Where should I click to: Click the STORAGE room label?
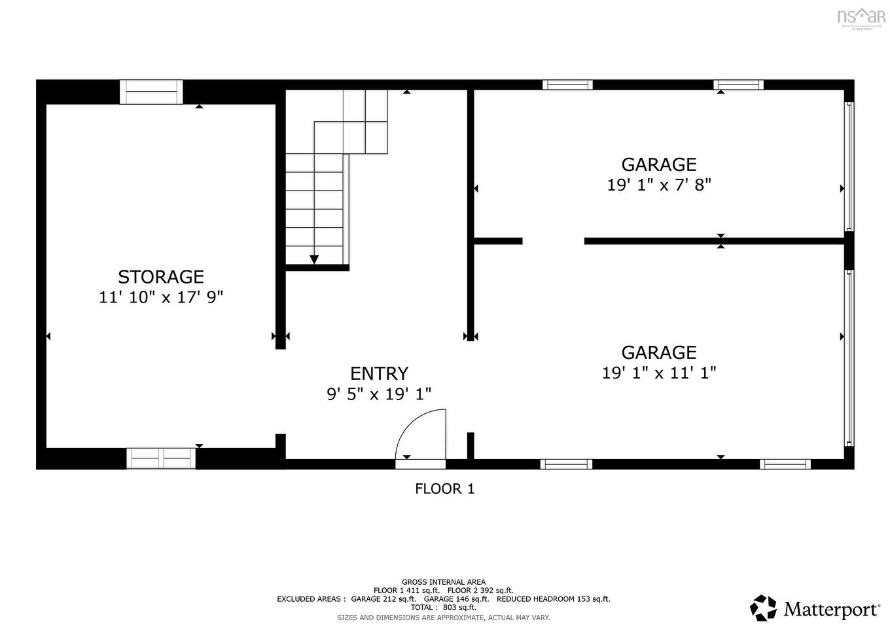(x=161, y=277)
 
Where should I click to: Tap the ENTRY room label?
(x=379, y=373)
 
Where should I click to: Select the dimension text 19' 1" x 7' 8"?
(x=659, y=185)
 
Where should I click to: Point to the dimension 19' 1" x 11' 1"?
(x=659, y=373)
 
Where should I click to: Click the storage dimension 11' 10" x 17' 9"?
(x=161, y=297)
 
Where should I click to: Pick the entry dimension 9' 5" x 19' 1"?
(x=379, y=394)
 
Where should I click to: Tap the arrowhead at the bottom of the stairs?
(x=314, y=260)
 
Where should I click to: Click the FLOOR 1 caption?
(x=444, y=489)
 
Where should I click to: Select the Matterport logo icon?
(x=763, y=608)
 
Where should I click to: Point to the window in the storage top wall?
(x=151, y=92)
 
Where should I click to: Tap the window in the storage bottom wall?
(x=161, y=458)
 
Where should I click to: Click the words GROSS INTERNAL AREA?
(x=444, y=582)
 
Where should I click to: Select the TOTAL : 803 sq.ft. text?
(x=444, y=608)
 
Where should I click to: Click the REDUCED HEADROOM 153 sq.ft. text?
(x=553, y=599)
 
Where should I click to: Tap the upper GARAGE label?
(x=659, y=164)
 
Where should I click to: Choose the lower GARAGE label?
(x=659, y=352)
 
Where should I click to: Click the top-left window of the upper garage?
(x=567, y=84)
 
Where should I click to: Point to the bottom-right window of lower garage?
(x=785, y=464)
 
